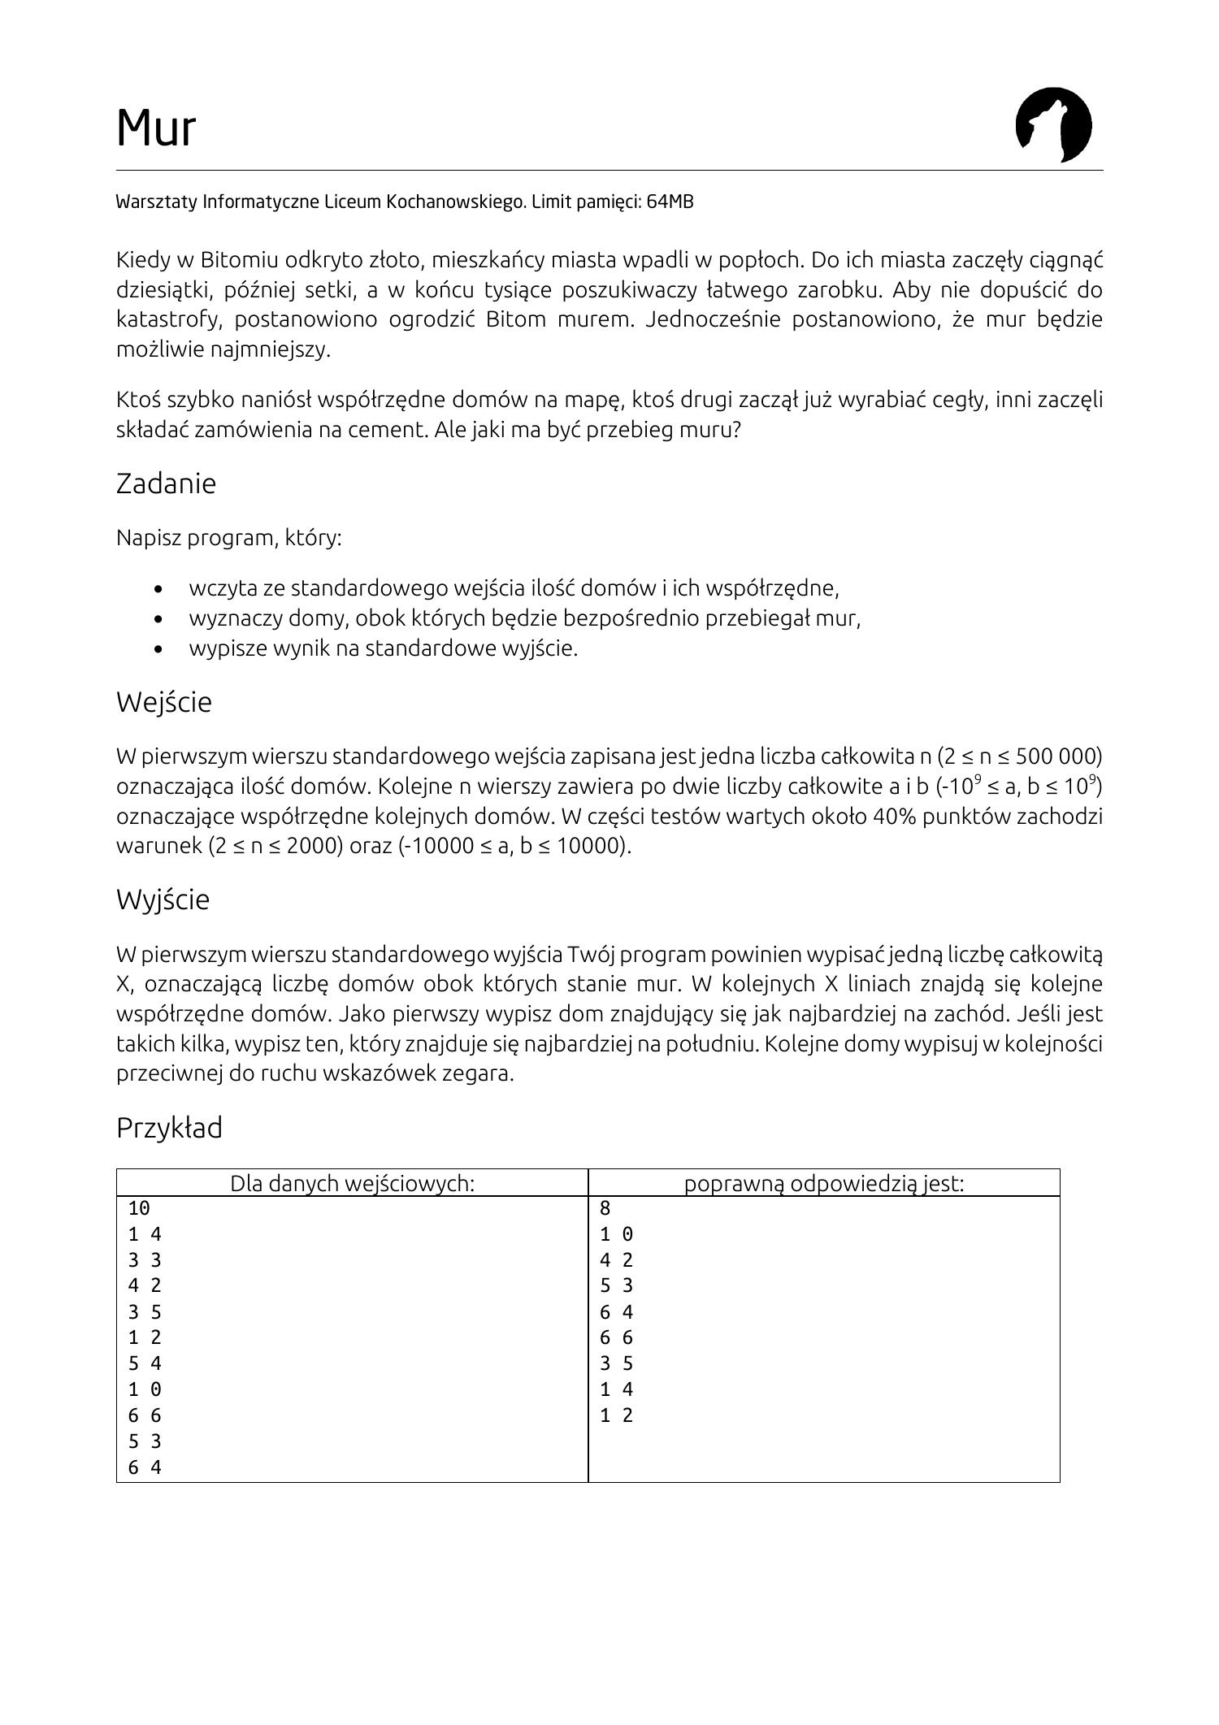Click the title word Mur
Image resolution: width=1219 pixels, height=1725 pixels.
click(156, 128)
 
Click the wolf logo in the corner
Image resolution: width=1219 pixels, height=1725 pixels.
click(1053, 125)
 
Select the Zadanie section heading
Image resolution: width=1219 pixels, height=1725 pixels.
click(166, 483)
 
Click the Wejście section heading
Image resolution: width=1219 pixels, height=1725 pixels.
click(163, 702)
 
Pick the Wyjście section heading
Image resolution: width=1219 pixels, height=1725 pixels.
click(163, 899)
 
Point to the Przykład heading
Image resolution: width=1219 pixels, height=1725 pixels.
click(169, 1128)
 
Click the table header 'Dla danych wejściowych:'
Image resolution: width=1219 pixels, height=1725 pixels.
click(352, 1183)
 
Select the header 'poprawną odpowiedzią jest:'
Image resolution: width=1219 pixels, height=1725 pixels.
click(823, 1183)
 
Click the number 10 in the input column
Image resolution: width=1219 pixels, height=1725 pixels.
click(139, 1208)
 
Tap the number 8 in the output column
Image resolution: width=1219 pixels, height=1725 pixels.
click(605, 1208)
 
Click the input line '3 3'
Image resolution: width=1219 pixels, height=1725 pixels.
click(145, 1260)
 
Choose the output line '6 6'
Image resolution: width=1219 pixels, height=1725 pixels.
click(616, 1337)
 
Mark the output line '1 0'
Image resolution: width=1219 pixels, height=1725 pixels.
click(616, 1234)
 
